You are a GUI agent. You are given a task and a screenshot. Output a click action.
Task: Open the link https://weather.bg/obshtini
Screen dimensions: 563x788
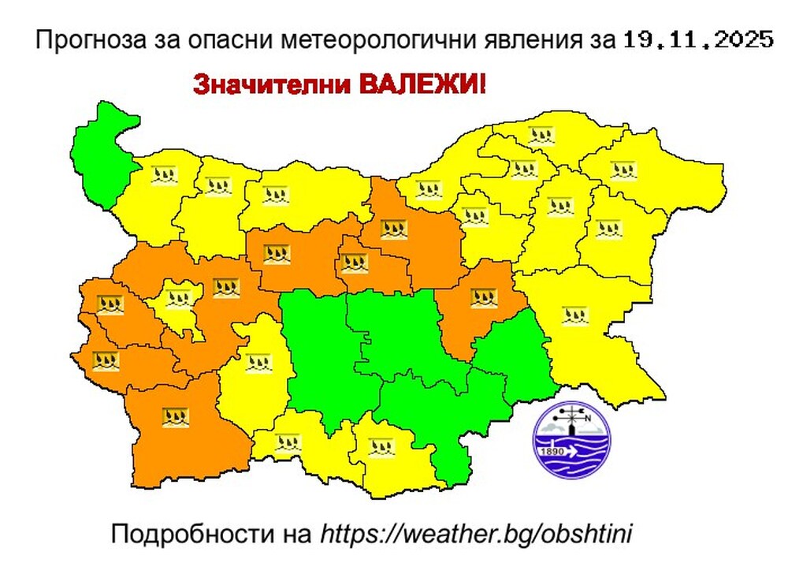[x=476, y=533]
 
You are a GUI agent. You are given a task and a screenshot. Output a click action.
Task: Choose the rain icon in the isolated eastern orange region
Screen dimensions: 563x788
[x=483, y=298]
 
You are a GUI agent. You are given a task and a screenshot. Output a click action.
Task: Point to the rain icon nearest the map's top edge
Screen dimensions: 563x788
[x=542, y=134]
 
